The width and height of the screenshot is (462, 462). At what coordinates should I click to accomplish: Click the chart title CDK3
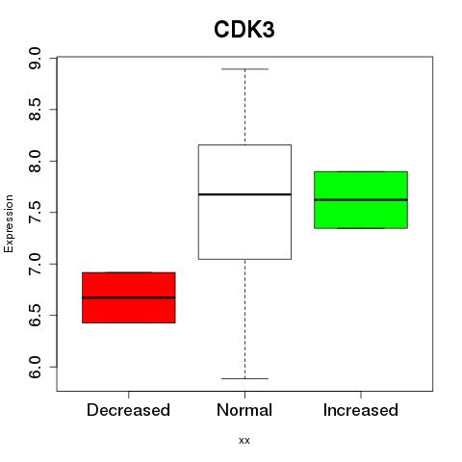[x=244, y=30]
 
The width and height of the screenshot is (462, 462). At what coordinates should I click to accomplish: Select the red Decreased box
[x=129, y=297]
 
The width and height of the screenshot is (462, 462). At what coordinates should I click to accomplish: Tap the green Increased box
[x=361, y=200]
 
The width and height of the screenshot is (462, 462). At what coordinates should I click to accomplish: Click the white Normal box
[x=244, y=202]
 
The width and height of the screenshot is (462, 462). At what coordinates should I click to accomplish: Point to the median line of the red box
[x=129, y=297]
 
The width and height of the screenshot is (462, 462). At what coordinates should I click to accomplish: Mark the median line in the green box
[x=361, y=199]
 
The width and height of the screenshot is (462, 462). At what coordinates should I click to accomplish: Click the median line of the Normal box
[x=244, y=194]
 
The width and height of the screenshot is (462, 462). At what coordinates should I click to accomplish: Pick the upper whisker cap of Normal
[x=244, y=69]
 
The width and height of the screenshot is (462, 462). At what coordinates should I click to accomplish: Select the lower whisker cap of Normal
[x=244, y=378]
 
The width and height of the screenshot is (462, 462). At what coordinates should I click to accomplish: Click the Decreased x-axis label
[x=128, y=410]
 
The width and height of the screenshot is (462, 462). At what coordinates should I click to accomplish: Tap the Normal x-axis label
[x=244, y=410]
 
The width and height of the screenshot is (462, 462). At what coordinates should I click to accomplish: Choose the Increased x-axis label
[x=361, y=410]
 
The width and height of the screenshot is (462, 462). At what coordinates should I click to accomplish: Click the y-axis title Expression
[x=9, y=223]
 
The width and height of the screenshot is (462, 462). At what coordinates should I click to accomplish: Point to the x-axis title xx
[x=244, y=441]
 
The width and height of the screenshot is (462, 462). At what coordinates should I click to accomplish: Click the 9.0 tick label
[x=35, y=58]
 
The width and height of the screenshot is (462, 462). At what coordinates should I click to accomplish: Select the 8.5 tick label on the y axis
[x=35, y=110]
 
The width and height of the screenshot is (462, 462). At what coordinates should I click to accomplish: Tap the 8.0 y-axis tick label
[x=35, y=161]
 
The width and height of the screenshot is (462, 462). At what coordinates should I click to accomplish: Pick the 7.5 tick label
[x=35, y=213]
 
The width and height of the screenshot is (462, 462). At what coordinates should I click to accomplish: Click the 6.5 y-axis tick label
[x=35, y=316]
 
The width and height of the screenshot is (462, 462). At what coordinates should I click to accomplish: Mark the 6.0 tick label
[x=35, y=367]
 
